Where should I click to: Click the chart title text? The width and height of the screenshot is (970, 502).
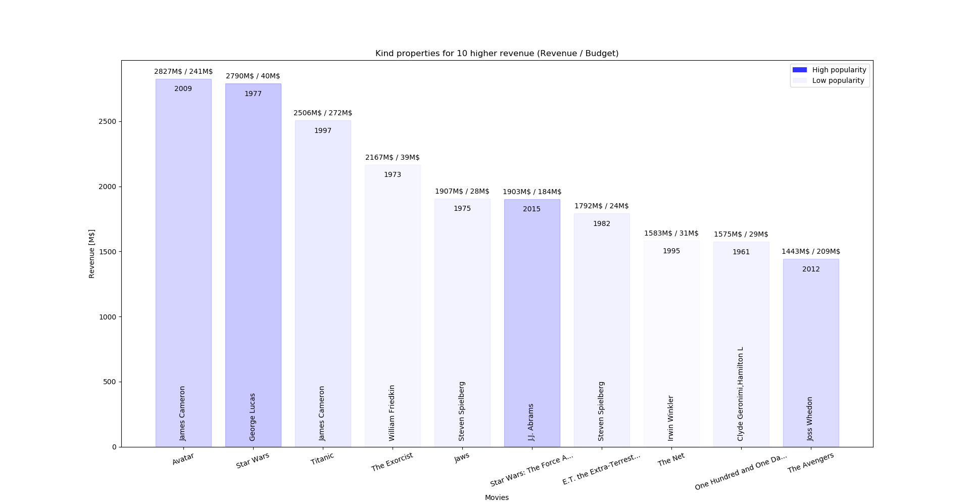[497, 54]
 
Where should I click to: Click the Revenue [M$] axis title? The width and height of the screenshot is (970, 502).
[91, 254]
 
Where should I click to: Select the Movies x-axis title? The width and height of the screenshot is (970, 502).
[497, 497]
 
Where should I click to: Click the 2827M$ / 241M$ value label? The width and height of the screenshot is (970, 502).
[183, 72]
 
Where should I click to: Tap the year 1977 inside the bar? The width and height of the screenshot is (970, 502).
[253, 94]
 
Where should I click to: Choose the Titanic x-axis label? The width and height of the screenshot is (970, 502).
[322, 459]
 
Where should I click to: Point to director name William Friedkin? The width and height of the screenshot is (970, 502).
[392, 413]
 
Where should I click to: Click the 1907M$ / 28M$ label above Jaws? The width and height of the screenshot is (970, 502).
[462, 192]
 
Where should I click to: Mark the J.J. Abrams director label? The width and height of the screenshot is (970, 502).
[531, 422]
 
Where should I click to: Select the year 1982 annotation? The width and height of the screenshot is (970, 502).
[601, 224]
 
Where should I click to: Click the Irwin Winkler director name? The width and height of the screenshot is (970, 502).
[671, 418]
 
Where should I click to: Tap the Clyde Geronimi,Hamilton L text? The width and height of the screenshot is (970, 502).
[741, 394]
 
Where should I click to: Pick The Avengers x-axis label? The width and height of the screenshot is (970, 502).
[810, 463]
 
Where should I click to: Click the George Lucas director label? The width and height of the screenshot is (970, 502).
[253, 417]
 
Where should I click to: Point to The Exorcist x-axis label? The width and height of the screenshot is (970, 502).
[392, 462]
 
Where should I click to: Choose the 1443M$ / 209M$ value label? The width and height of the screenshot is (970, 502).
[810, 252]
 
